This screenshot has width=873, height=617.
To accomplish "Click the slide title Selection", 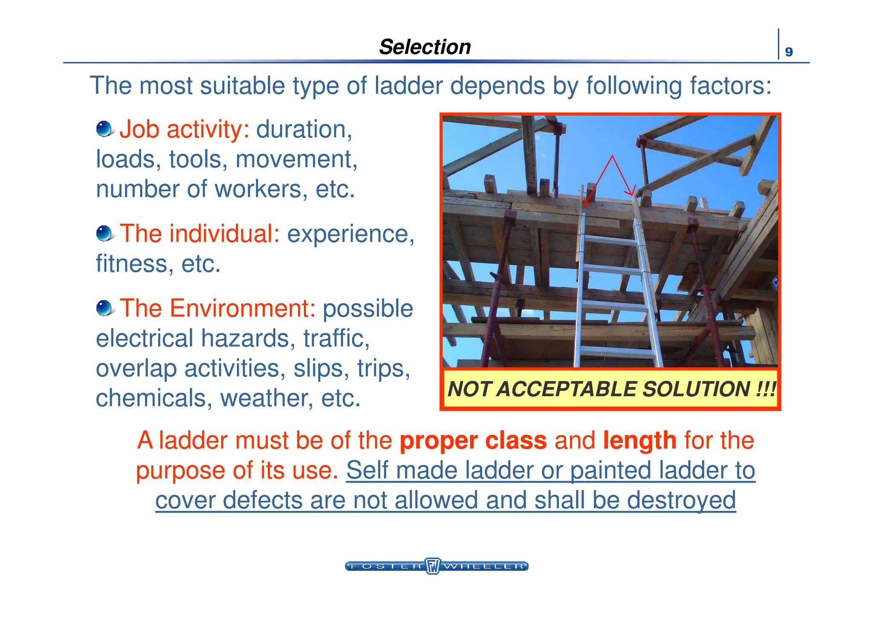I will tap(425, 47).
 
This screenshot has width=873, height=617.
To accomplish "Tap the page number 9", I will tap(789, 52).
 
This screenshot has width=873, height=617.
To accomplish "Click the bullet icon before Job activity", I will tap(104, 129).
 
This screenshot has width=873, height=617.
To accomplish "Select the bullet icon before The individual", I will tap(104, 234).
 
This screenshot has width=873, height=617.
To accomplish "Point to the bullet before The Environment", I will tap(104, 308).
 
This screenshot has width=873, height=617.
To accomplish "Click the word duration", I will tap(304, 129).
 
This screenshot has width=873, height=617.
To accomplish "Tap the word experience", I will tap(350, 234).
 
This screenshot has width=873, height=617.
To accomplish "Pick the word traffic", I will tap(336, 339).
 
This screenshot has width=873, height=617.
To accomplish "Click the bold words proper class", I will tap(473, 440).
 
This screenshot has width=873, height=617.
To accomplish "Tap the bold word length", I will tap(639, 440).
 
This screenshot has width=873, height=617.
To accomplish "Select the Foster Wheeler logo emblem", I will tap(433, 566).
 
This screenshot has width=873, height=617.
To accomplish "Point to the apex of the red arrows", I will tap(612, 156).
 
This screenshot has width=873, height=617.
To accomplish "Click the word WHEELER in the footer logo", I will tap(484, 566).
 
